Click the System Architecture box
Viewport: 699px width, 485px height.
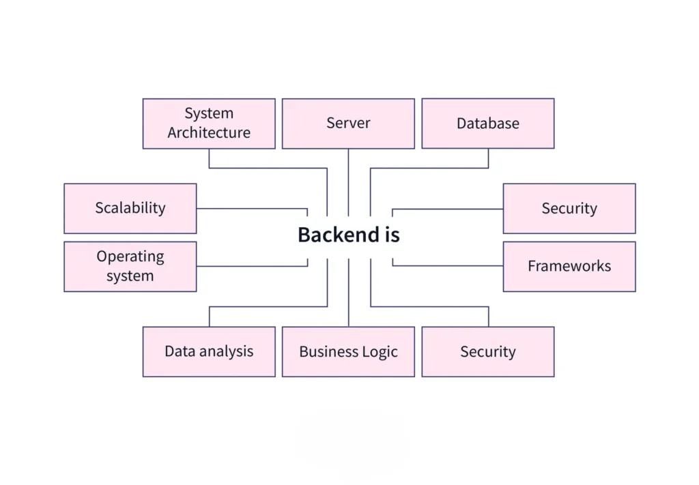point(209,123)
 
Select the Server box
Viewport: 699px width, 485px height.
point(348,123)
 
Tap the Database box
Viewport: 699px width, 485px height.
point(487,123)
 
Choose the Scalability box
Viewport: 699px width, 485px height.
point(130,209)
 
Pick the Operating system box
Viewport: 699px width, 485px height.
point(130,267)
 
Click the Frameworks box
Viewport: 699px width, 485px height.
point(569,267)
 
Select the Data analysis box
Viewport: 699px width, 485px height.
point(209,352)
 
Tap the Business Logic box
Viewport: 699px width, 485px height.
point(348,352)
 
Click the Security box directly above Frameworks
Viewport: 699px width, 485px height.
point(569,209)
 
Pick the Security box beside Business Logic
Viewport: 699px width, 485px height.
point(487,352)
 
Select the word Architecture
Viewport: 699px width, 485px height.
point(209,133)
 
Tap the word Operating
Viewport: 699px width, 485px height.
point(130,257)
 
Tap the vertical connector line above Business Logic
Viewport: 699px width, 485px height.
point(348,293)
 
